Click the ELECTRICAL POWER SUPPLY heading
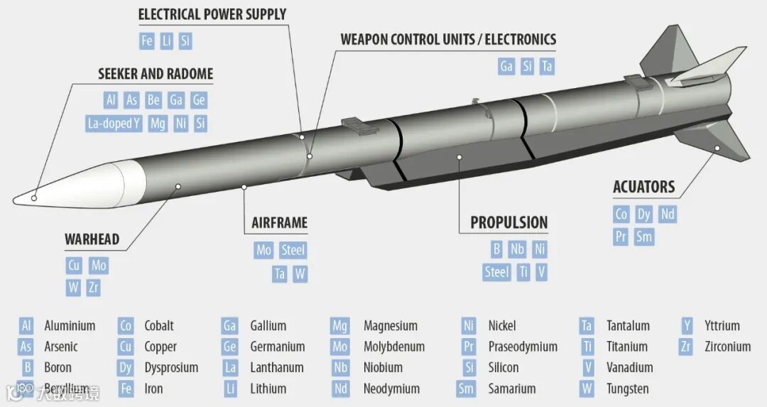tap(212, 14)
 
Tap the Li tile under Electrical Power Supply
tap(166, 40)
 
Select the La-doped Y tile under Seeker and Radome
tap(114, 124)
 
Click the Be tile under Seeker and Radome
tap(153, 100)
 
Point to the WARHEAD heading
tap(92, 239)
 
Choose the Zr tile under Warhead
tap(94, 288)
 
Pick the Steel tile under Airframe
tap(293, 250)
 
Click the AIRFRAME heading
tap(279, 222)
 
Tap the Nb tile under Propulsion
tap(517, 249)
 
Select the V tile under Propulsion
tap(541, 272)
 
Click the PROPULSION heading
tap(508, 222)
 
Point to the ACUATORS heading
tap(643, 187)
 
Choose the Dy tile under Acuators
tap(643, 214)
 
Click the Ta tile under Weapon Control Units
tap(546, 67)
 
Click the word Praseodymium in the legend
tap(523, 347)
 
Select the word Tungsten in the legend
tap(627, 389)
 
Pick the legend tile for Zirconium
tap(685, 347)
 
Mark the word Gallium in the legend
tap(268, 326)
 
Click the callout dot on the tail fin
tap(717, 148)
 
